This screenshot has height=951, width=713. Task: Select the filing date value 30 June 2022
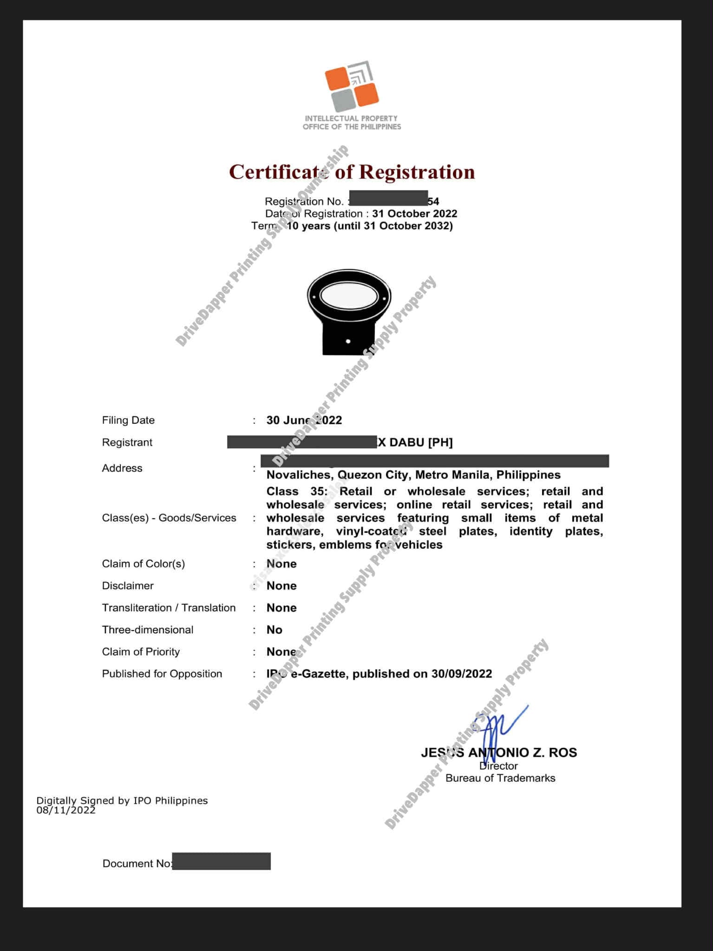click(x=304, y=420)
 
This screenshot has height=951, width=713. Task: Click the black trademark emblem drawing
click(x=348, y=312)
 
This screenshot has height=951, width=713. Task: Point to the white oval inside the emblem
click(x=349, y=296)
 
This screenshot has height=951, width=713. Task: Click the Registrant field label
click(x=127, y=442)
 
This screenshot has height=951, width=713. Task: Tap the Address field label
click(x=122, y=468)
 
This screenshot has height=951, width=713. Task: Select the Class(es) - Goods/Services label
click(x=169, y=518)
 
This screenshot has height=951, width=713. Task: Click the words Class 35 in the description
click(x=296, y=492)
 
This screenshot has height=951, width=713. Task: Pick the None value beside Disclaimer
click(x=281, y=585)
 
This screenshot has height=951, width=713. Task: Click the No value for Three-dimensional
click(x=275, y=630)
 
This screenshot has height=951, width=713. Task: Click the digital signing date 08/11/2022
click(x=66, y=810)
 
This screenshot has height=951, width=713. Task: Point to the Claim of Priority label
click(x=141, y=651)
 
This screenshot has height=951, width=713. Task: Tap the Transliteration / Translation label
click(x=169, y=608)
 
